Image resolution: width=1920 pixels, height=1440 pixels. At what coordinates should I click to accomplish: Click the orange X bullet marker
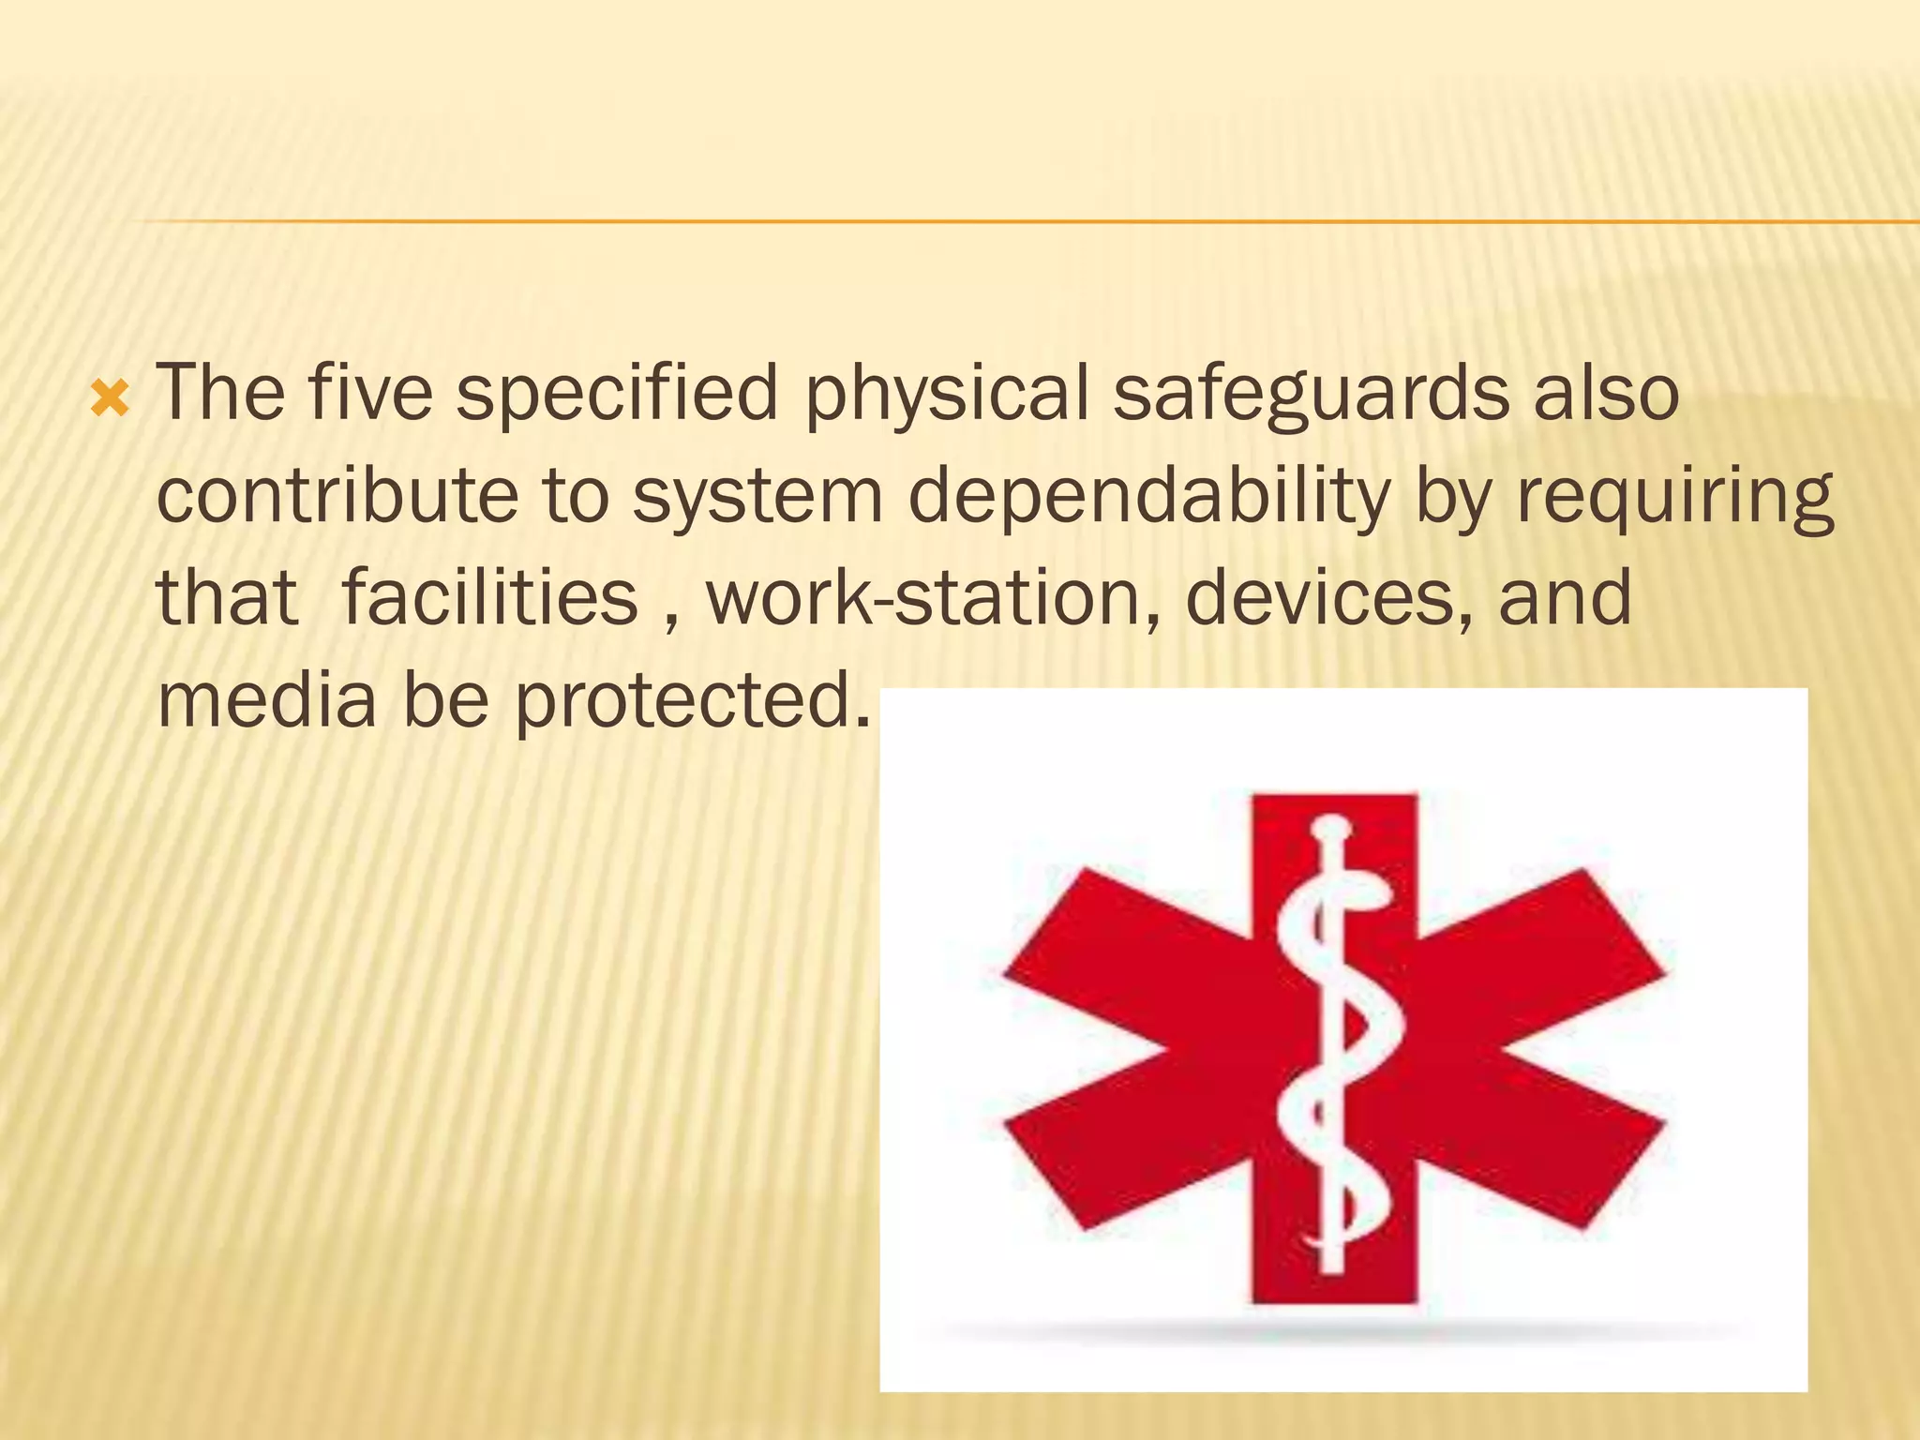pyautogui.click(x=110, y=400)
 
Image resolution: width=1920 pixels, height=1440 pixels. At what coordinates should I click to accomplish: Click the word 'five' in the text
pyautogui.click(x=370, y=394)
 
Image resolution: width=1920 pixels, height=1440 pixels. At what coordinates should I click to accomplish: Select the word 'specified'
pyautogui.click(x=617, y=394)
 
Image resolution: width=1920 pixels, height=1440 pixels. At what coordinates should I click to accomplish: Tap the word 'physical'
pyautogui.click(x=946, y=394)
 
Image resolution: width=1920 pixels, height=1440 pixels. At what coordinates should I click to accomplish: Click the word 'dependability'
pyautogui.click(x=1148, y=497)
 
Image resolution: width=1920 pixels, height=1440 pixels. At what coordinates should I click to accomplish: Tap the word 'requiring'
pyautogui.click(x=1674, y=497)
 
